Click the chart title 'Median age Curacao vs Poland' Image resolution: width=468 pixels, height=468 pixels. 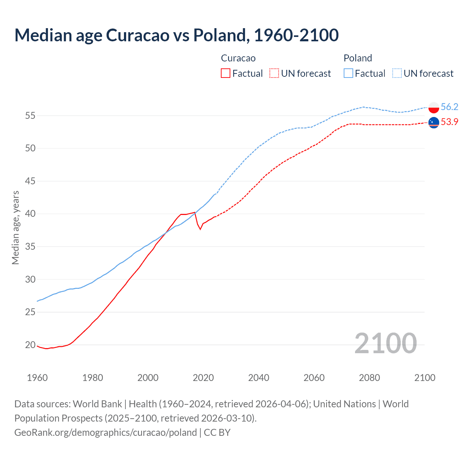pyautogui.click(x=176, y=35)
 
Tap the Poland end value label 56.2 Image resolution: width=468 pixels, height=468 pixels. pyautogui.click(x=449, y=107)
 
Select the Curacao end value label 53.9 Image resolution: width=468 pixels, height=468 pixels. pyautogui.click(x=449, y=122)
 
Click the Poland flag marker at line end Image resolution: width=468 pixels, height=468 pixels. pyautogui.click(x=434, y=107)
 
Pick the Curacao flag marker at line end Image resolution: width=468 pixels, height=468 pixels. pyautogui.click(x=434, y=123)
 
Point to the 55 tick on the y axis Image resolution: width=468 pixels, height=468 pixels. pyautogui.click(x=30, y=116)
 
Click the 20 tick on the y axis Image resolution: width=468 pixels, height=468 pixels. pyautogui.click(x=30, y=345)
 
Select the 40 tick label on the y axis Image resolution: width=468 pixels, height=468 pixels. pyautogui.click(x=30, y=214)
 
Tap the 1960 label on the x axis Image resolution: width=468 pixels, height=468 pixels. pyautogui.click(x=37, y=378)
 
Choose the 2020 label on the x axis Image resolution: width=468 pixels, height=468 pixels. pyautogui.click(x=203, y=378)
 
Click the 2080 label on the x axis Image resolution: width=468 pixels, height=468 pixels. pyautogui.click(x=369, y=378)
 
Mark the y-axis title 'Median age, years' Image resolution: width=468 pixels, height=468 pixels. pyautogui.click(x=15, y=227)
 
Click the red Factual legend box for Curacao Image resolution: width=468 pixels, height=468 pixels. pyautogui.click(x=226, y=73)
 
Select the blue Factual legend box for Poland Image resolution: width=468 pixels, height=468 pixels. pyautogui.click(x=348, y=73)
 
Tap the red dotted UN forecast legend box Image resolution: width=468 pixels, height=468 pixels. pyautogui.click(x=274, y=73)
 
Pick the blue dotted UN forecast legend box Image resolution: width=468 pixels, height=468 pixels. pyautogui.click(x=397, y=73)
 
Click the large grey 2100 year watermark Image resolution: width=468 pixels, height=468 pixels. pyautogui.click(x=385, y=343)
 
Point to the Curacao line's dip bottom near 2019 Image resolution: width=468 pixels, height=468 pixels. pyautogui.click(x=200, y=229)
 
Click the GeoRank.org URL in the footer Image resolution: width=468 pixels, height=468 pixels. pyautogui.click(x=105, y=433)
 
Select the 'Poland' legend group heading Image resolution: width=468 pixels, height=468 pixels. pyautogui.click(x=358, y=58)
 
